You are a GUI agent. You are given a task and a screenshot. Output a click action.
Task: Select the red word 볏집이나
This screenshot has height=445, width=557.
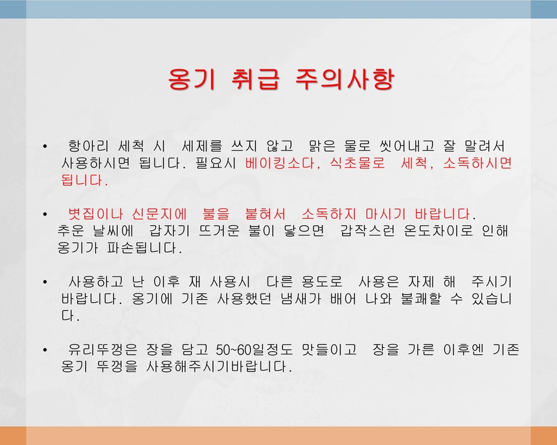(95, 214)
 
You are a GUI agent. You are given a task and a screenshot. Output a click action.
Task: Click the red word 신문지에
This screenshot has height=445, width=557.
(159, 214)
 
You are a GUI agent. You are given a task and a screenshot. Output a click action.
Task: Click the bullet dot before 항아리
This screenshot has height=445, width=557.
(44, 146)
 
